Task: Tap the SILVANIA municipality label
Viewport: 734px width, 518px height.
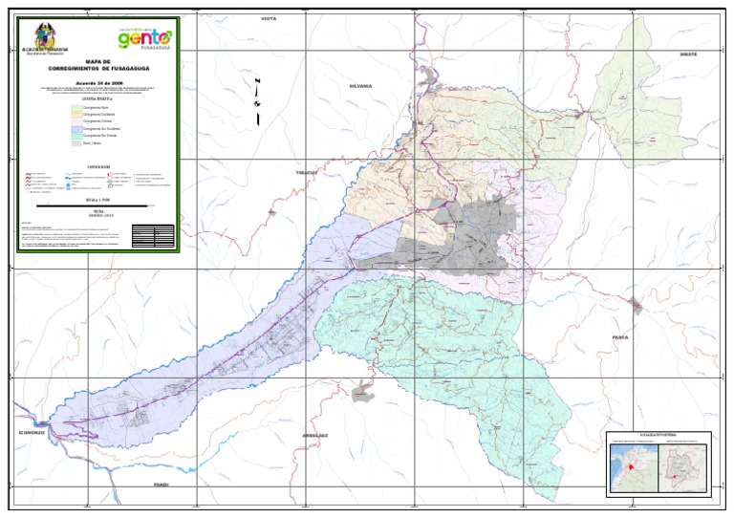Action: [360, 85]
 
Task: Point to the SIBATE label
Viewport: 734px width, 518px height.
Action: [688, 54]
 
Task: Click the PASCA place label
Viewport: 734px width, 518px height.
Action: [623, 337]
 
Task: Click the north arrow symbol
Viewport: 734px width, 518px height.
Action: [257, 98]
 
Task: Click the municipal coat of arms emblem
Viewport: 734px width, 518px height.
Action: [44, 35]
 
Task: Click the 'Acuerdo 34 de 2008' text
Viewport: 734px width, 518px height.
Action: [98, 83]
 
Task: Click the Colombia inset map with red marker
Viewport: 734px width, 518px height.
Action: [634, 467]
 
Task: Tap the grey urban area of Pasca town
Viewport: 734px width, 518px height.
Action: [636, 306]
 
